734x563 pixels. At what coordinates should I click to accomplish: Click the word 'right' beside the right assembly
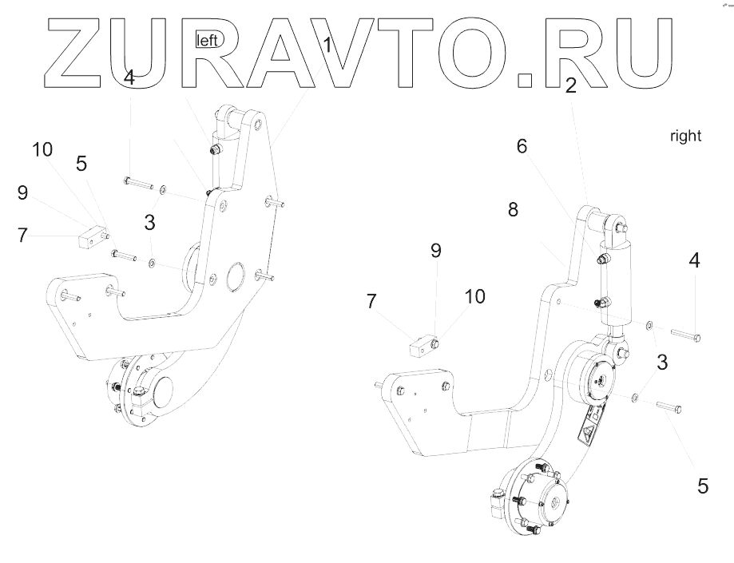pyautogui.click(x=685, y=137)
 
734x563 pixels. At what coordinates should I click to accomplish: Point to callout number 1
pyautogui.click(x=327, y=46)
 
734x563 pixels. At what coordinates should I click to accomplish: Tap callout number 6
pyautogui.click(x=522, y=146)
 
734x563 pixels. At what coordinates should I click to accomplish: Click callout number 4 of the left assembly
pyautogui.click(x=129, y=78)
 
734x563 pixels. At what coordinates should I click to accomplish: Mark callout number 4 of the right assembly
pyautogui.click(x=695, y=260)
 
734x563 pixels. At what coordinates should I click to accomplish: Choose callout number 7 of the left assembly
pyautogui.click(x=22, y=236)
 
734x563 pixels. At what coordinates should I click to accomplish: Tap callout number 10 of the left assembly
pyautogui.click(x=44, y=149)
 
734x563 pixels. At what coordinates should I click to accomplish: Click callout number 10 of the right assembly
pyautogui.click(x=474, y=296)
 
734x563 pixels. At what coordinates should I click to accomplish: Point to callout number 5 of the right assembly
pyautogui.click(x=703, y=485)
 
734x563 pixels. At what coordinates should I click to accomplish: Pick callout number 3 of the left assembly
pyautogui.click(x=149, y=223)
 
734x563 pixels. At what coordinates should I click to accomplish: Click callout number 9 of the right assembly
pyautogui.click(x=435, y=250)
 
